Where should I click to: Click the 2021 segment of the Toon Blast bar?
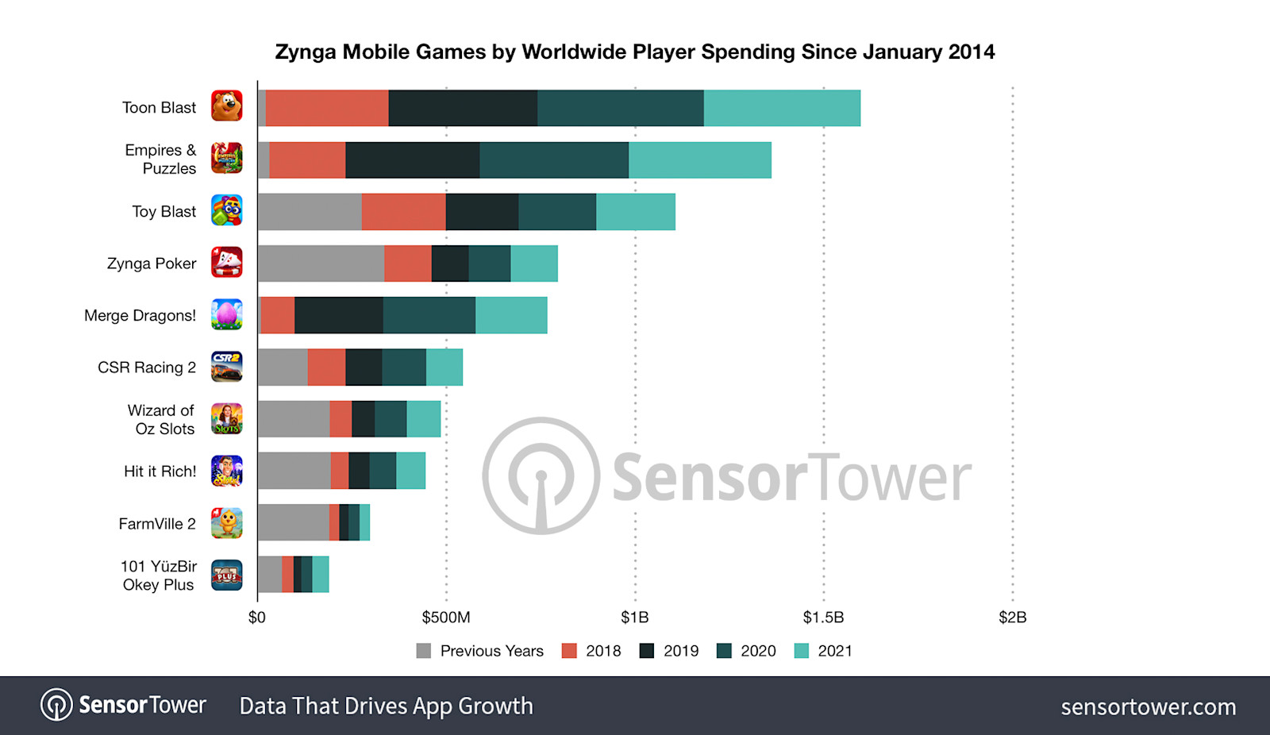[782, 108]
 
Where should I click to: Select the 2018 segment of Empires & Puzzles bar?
[307, 160]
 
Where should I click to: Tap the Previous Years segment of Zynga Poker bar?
[321, 264]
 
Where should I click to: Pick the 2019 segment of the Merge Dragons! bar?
[339, 315]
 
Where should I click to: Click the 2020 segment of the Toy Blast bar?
[557, 212]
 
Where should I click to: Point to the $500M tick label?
[445, 618]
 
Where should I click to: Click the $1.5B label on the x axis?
[823, 618]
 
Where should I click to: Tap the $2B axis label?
[1012, 618]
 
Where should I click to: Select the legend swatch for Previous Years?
[424, 651]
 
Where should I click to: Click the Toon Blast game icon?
[226, 106]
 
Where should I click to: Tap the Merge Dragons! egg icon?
[226, 314]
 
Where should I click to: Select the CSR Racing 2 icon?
[226, 367]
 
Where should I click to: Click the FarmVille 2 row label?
[157, 524]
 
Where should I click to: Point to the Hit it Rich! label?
[160, 471]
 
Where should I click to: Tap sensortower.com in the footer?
[1148, 706]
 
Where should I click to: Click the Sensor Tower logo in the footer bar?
[123, 705]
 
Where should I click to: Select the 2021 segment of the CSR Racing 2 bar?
[444, 367]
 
